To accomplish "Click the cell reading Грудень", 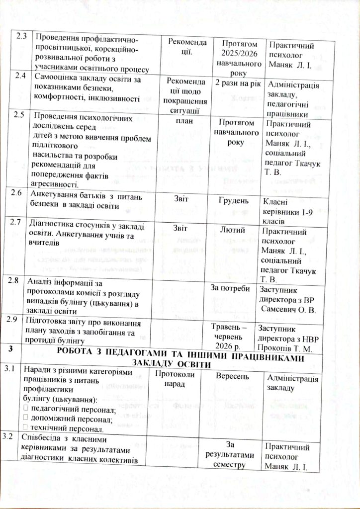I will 233,200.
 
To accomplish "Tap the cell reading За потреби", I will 230,289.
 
